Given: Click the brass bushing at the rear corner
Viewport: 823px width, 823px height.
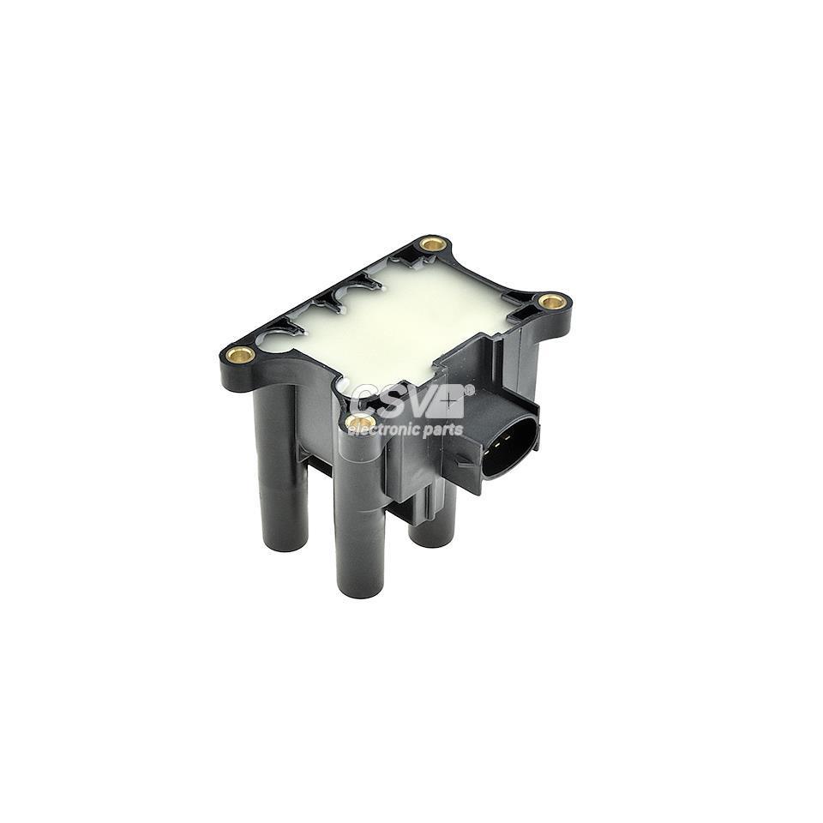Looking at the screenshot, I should pos(434,243).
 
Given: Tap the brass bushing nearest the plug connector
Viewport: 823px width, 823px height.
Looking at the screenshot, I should pos(552,301).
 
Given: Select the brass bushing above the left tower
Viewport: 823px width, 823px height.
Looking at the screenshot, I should pos(241,354).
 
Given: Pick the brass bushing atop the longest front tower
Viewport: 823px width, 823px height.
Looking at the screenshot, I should pos(360,422).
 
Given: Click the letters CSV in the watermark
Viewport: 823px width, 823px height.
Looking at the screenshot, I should pos(394,401).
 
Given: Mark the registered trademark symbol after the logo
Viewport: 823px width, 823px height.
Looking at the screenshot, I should pos(469,390).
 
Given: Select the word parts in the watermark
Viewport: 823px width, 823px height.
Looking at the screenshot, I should pos(443,430).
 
